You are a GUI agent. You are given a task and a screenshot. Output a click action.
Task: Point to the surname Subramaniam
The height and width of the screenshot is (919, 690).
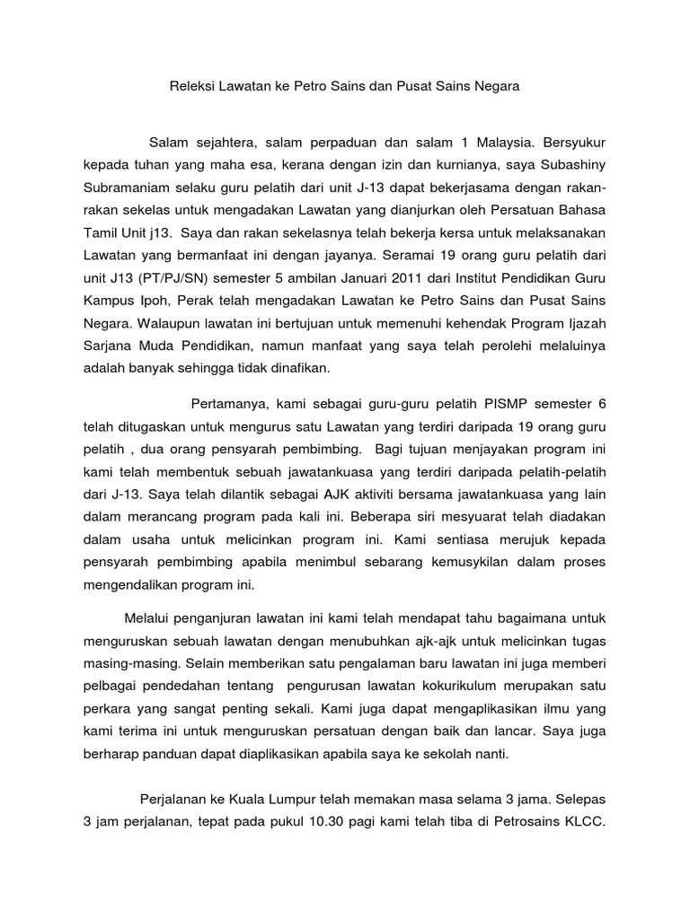(127, 188)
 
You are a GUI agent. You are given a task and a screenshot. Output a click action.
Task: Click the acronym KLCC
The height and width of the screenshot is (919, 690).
(586, 820)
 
